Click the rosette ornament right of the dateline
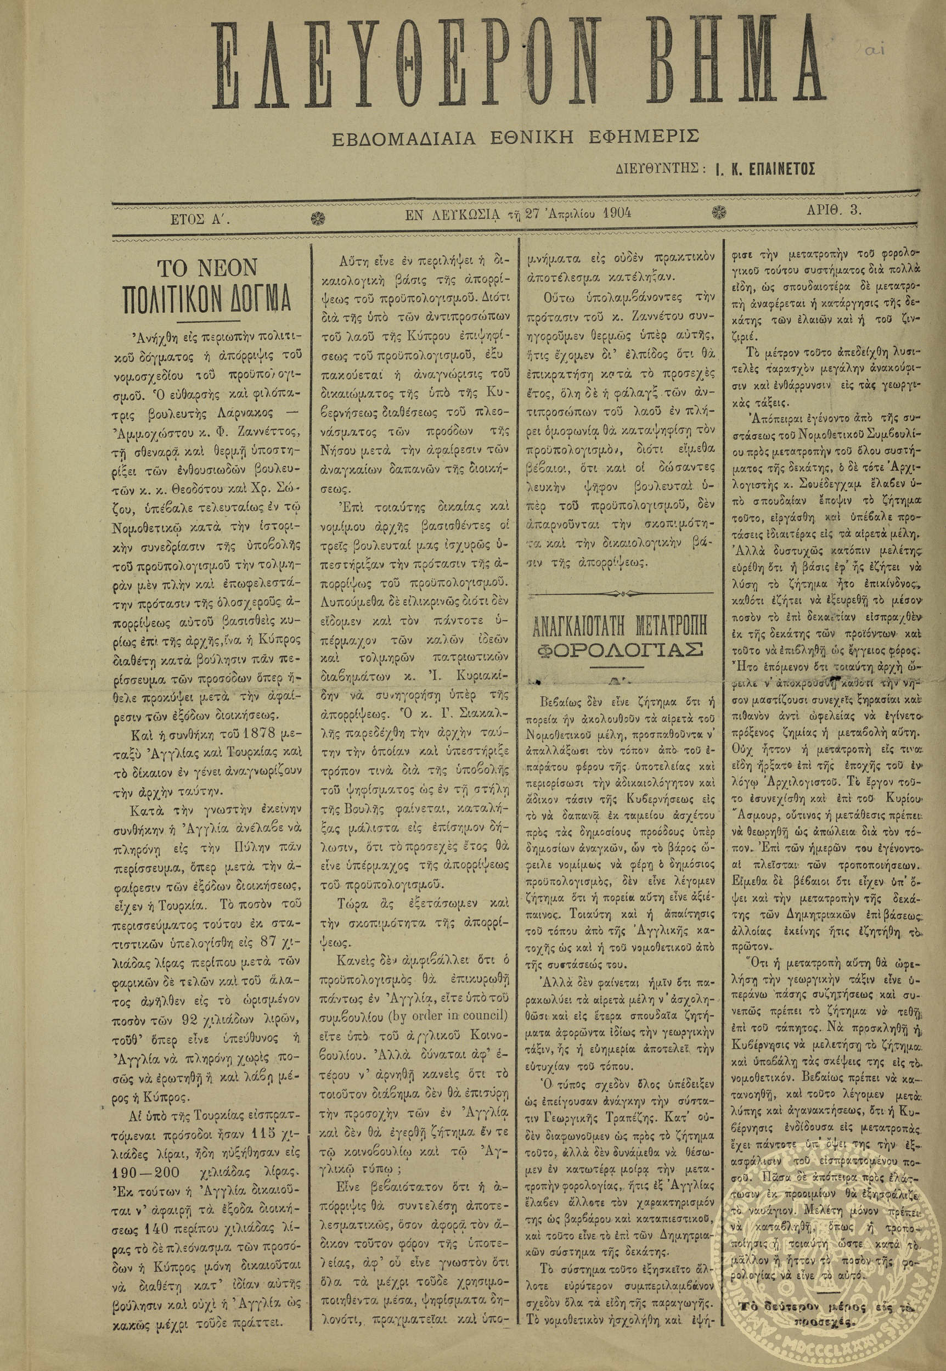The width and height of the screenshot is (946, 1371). (722, 213)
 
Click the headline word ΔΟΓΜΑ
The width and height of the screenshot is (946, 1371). (256, 299)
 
